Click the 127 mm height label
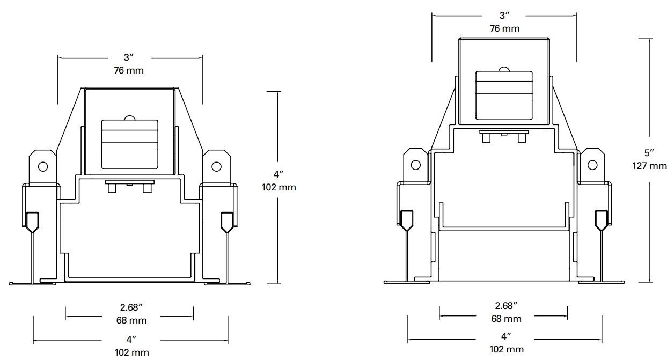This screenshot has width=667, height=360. (649, 166)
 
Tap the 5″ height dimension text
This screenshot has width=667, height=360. (649, 153)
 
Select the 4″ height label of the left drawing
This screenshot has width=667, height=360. (278, 174)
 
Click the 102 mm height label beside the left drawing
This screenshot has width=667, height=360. (278, 187)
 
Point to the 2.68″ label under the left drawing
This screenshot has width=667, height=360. (131, 307)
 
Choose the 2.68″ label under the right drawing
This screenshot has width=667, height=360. (506, 305)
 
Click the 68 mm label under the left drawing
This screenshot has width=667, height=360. (131, 320)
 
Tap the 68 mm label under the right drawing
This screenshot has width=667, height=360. (506, 319)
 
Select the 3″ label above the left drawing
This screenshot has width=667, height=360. (129, 57)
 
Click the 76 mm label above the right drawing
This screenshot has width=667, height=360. (504, 28)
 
